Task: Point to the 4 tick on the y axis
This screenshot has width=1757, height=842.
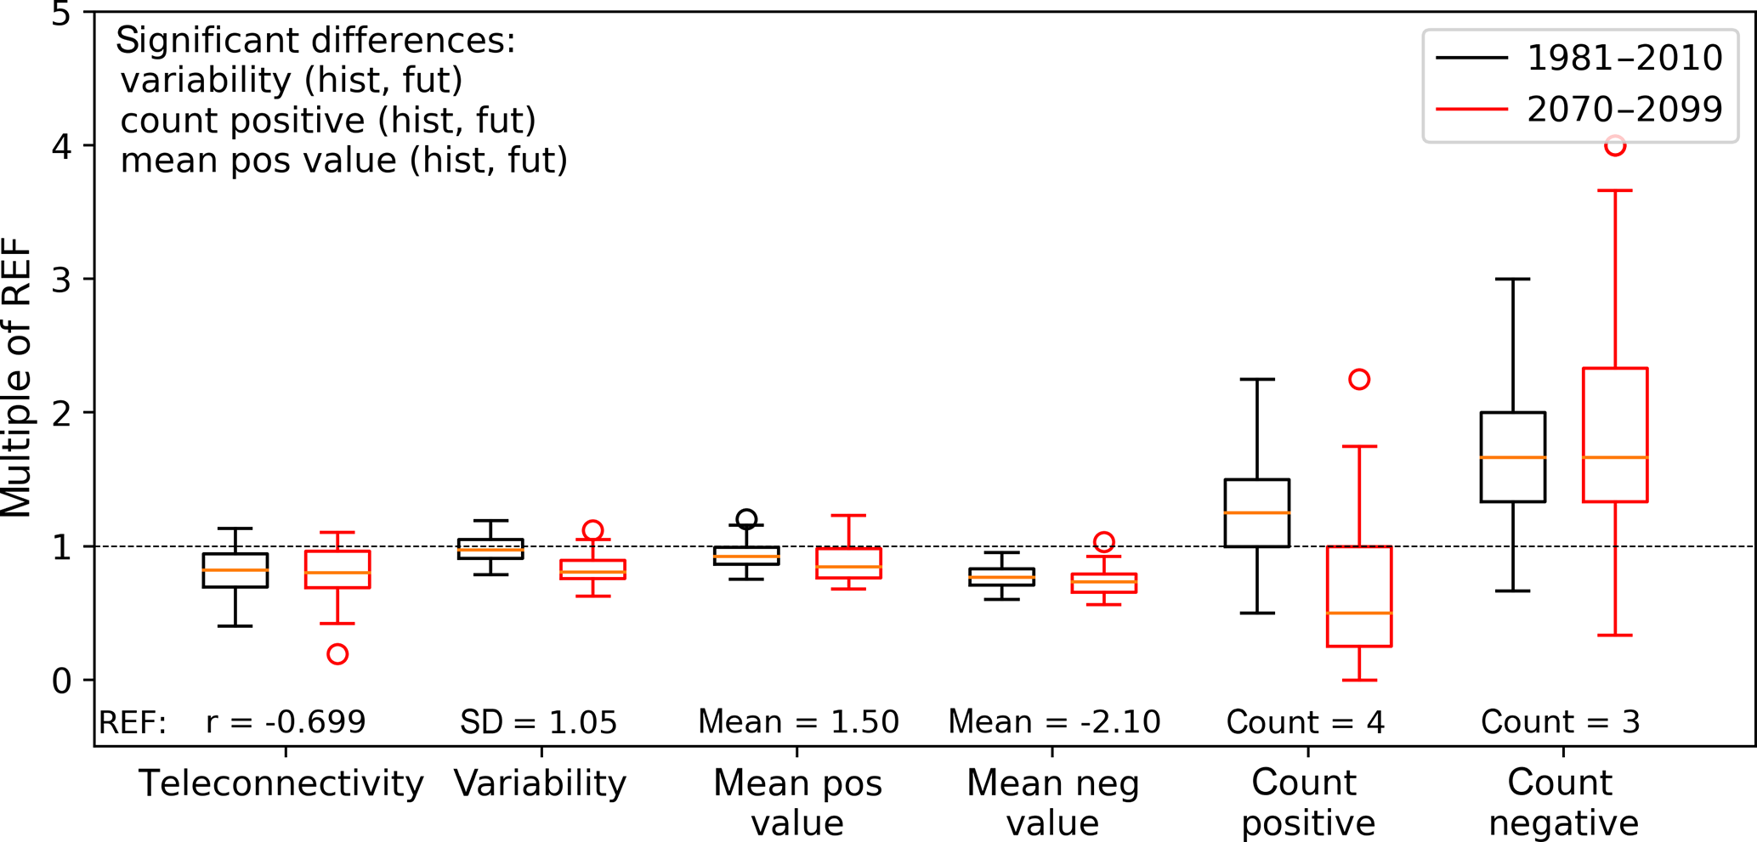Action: click(x=61, y=146)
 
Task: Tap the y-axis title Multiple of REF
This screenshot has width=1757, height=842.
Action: click(x=17, y=379)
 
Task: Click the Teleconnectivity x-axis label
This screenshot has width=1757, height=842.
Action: click(x=281, y=783)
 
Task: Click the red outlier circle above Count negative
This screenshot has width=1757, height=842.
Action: click(x=1615, y=146)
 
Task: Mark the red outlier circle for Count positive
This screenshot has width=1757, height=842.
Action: click(x=1359, y=379)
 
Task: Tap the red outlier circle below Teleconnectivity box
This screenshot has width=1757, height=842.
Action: click(x=337, y=654)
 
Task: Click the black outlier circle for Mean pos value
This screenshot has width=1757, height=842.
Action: click(x=746, y=519)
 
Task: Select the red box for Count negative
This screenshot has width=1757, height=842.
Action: click(x=1615, y=435)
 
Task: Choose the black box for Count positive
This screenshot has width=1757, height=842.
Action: click(x=1257, y=513)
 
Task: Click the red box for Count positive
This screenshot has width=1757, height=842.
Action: click(x=1359, y=596)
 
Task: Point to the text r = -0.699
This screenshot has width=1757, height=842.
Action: click(x=286, y=722)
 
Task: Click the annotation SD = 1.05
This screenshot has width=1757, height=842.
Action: click(x=539, y=722)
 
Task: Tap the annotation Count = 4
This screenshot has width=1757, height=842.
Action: click(x=1306, y=722)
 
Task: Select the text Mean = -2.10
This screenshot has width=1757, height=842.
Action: click(x=1054, y=722)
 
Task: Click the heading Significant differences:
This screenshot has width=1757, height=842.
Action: click(x=315, y=41)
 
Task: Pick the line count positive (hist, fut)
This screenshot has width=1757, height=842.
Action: click(x=328, y=121)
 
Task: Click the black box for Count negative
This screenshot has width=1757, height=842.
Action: click(x=1513, y=457)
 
